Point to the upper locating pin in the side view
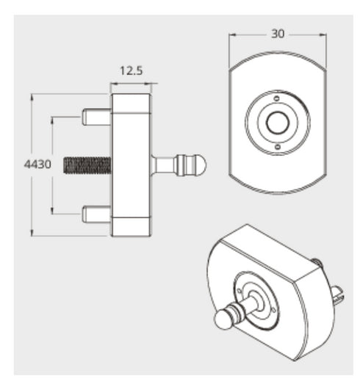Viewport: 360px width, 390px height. click(96, 116)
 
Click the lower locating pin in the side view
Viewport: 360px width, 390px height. click(96, 214)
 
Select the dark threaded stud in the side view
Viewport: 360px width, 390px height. click(87, 165)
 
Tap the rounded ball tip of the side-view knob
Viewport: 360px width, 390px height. click(200, 165)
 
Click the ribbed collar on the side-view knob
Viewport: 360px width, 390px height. click(184, 165)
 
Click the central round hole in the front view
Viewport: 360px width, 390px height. click(276, 123)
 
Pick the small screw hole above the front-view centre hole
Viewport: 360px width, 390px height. click(276, 99)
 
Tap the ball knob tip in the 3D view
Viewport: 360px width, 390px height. click(223, 321)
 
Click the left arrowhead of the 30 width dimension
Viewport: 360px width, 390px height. click(231, 35)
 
